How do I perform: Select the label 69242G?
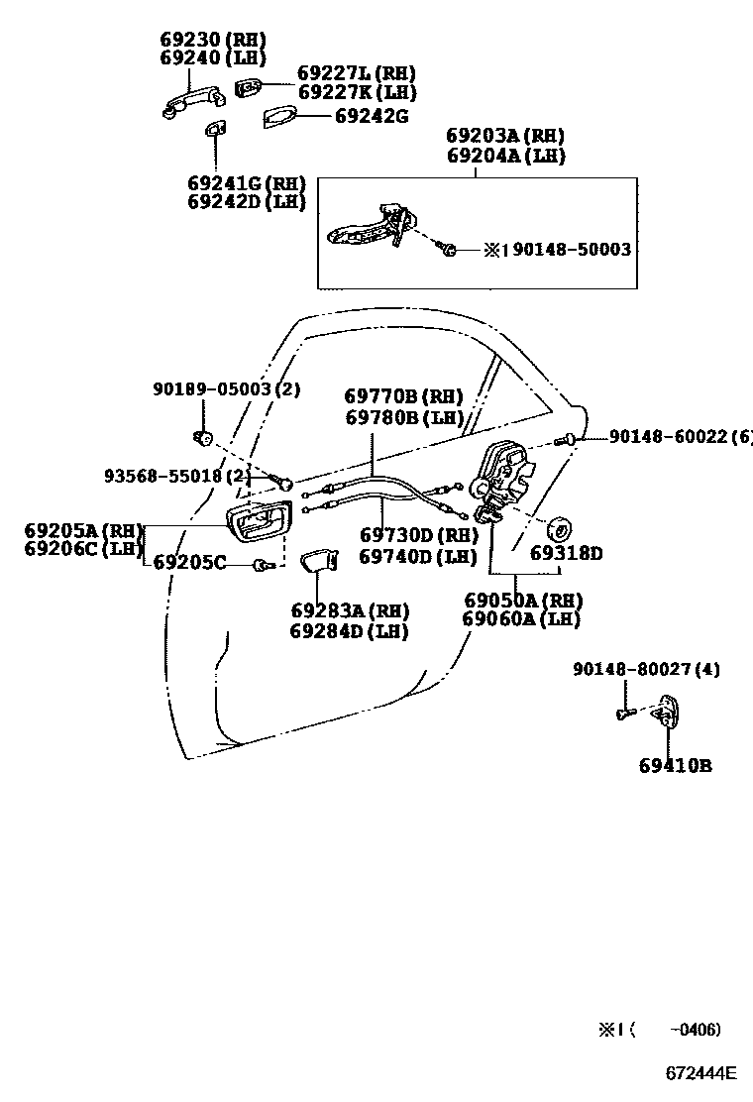pos(371,116)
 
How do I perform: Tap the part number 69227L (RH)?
pos(357,73)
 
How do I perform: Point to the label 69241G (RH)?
pos(246,183)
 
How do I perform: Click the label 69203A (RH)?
pos(505,136)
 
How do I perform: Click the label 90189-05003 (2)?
pos(226,389)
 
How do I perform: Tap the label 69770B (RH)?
pos(404,397)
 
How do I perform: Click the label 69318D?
pos(566,553)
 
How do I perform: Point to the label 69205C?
pos(190,564)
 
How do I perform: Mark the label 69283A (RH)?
pos(350,610)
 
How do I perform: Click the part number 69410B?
pos(675,765)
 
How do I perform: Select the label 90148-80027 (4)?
pos(646,670)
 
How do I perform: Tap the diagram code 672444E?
pos(700,1073)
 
